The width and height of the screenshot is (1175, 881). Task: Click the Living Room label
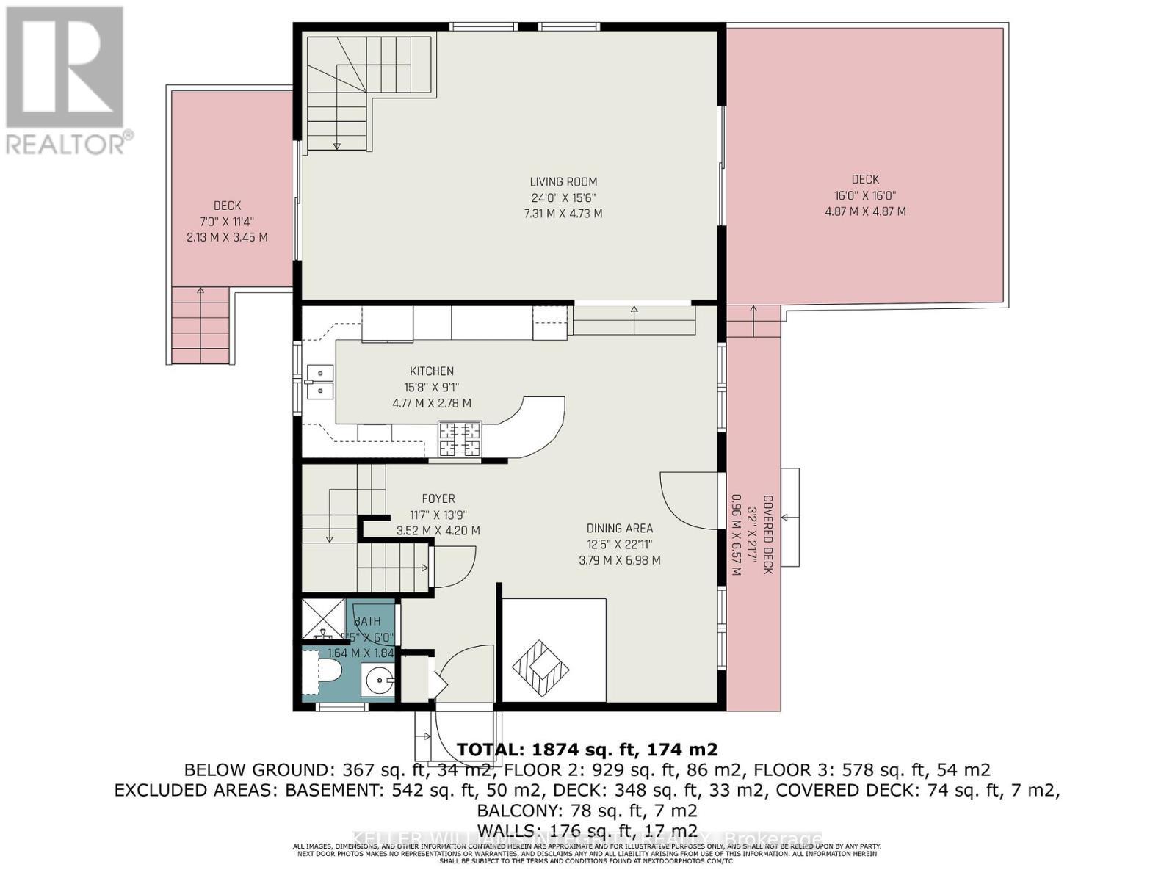(563, 181)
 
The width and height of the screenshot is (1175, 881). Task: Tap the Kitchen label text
(432, 371)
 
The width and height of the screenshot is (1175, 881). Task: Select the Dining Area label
(619, 528)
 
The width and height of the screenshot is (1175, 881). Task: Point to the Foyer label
(438, 498)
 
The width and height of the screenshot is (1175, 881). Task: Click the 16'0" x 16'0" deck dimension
(865, 195)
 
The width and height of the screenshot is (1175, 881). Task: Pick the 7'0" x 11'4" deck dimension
(227, 222)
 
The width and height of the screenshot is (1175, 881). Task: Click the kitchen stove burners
(460, 439)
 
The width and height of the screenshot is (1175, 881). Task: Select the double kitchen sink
(320, 381)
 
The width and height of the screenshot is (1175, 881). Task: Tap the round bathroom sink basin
(379, 681)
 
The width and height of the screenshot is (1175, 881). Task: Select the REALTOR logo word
(70, 142)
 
